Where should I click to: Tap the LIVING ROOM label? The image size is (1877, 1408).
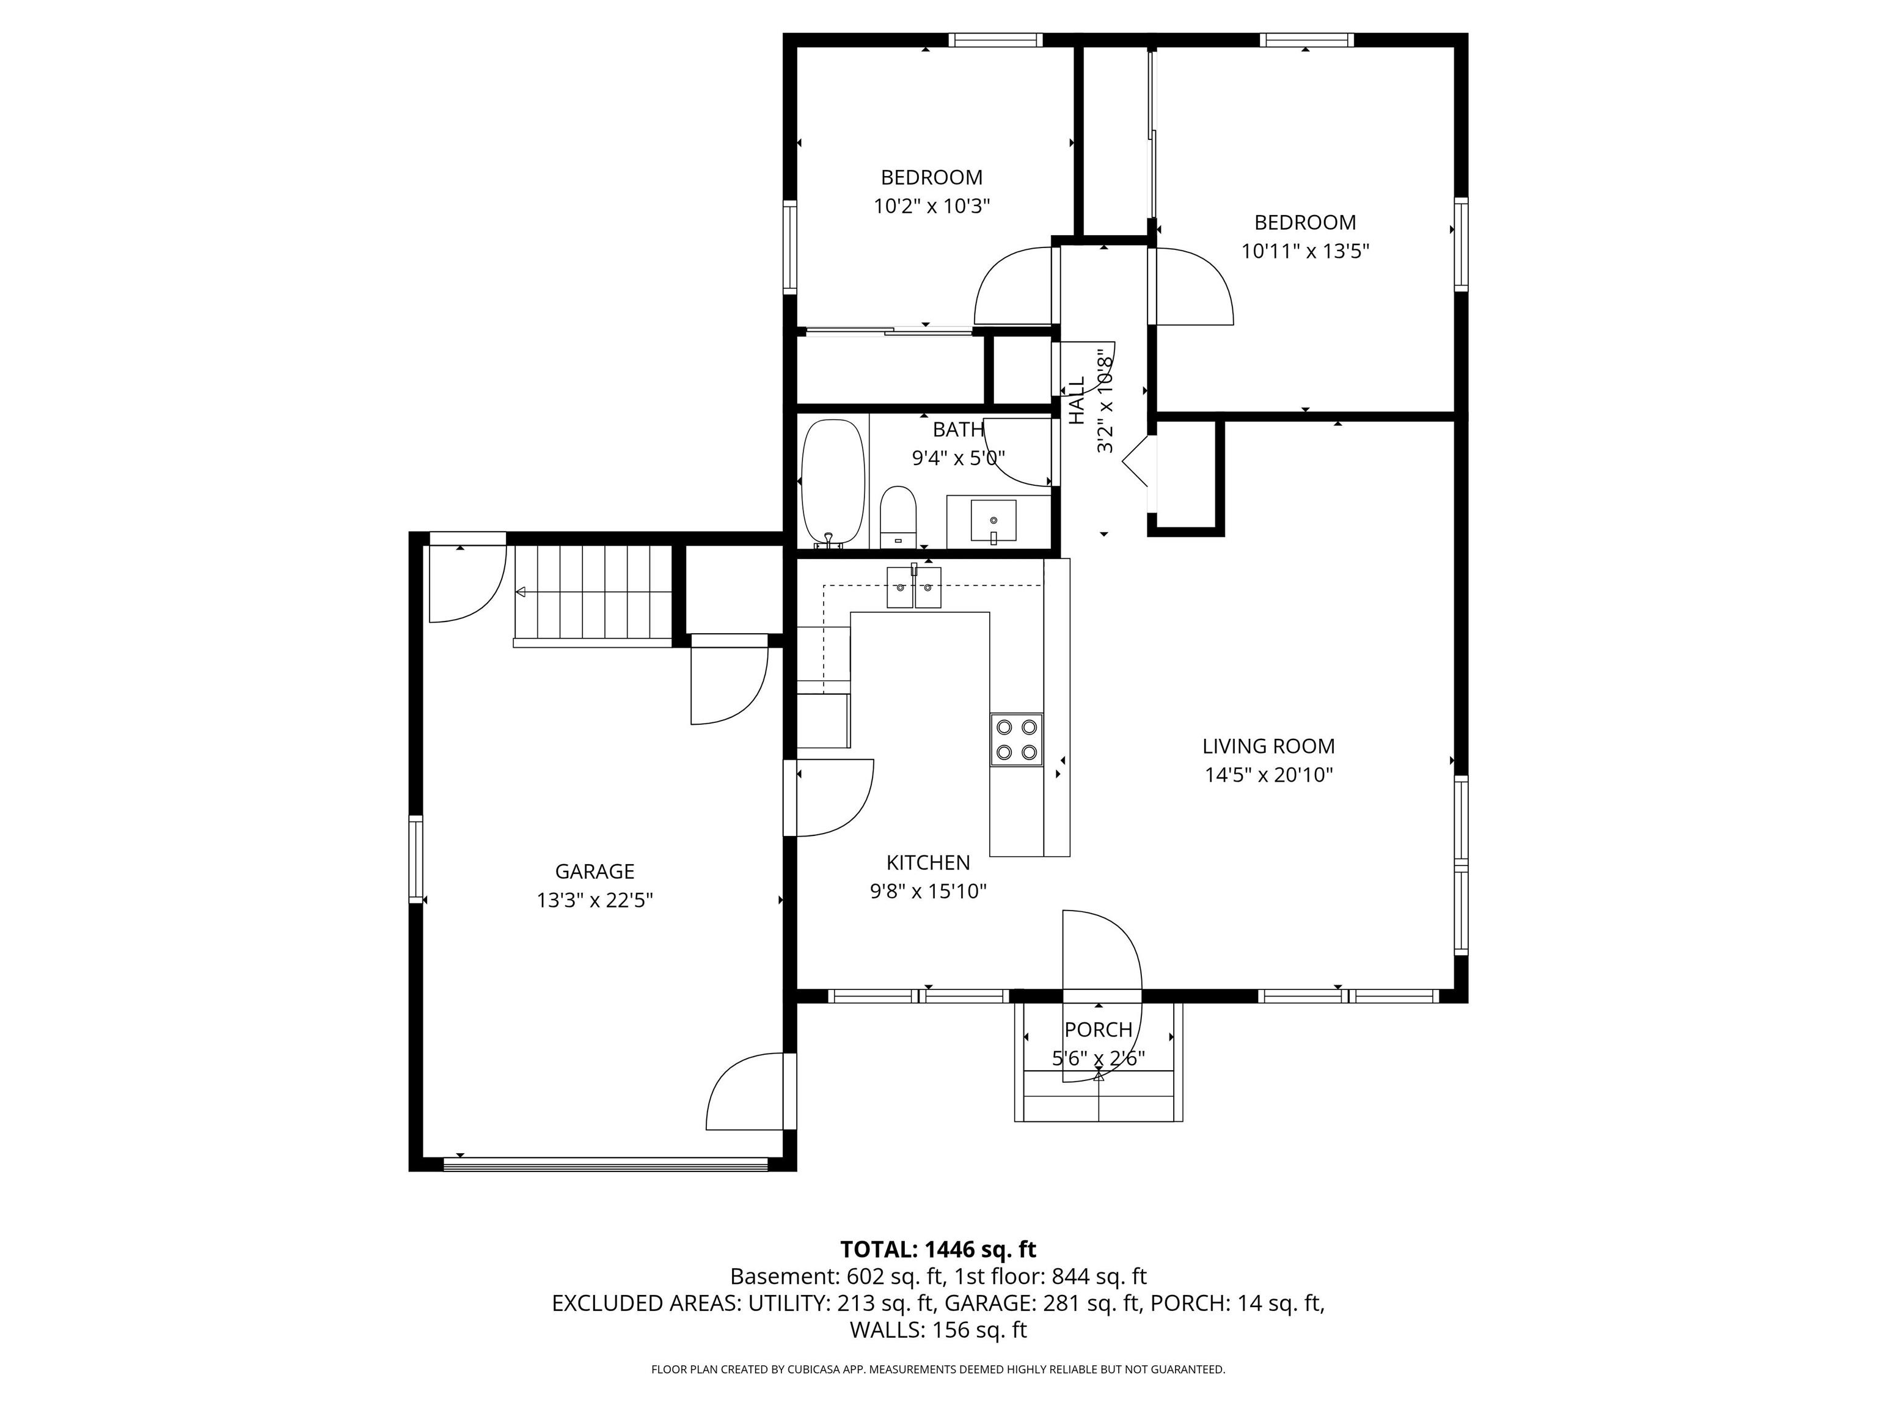1268,746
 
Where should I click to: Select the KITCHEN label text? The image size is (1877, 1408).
928,862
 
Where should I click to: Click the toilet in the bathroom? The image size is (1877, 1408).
898,517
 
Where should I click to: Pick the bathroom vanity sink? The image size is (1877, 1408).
993,520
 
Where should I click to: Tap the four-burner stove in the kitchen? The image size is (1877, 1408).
1017,739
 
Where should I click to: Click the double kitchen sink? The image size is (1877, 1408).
914,587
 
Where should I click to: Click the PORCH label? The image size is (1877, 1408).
1098,1030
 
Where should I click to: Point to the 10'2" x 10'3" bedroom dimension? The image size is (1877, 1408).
932,206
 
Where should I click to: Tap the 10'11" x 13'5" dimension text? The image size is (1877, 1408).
1305,251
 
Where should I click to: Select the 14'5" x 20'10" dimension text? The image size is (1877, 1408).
1268,775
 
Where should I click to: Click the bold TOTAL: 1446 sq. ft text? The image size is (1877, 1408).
938,1249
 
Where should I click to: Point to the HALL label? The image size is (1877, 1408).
1077,401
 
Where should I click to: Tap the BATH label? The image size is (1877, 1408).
958,430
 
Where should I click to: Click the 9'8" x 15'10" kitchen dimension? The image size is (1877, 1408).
928,891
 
